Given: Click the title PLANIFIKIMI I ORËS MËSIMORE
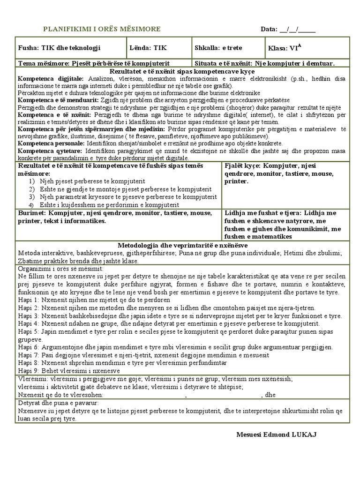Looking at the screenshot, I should pos(102,29).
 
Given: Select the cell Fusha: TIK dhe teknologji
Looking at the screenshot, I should pos(59,48).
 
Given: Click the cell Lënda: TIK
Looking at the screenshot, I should pos(148,48).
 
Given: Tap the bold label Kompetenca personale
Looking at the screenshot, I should pos(51,142).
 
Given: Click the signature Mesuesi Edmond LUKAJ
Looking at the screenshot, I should pos(277,435).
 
